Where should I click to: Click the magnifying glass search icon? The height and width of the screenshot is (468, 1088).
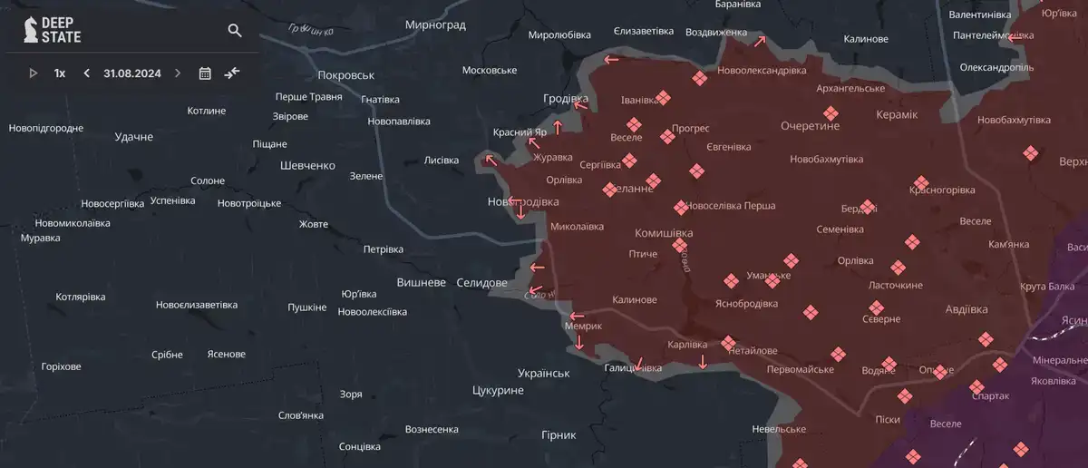[x=235, y=31]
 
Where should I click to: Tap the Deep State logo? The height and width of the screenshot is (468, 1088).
[x=53, y=30]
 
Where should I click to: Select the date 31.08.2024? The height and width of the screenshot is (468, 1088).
[x=131, y=73]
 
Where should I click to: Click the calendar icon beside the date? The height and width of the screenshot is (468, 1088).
[x=205, y=73]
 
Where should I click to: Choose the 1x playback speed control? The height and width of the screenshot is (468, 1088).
[x=60, y=73]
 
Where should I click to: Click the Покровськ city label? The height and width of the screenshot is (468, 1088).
[x=346, y=75]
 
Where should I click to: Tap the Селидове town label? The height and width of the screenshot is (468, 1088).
[x=481, y=283]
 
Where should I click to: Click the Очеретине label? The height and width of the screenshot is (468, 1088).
[x=811, y=126]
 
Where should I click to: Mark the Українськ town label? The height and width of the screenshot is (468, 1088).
[x=543, y=373]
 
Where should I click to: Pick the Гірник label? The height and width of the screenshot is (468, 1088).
[x=559, y=434]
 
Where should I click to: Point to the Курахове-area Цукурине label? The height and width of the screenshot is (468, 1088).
[x=498, y=390]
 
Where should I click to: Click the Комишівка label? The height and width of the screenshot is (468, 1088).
[x=664, y=233]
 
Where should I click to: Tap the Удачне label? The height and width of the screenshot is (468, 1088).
[x=134, y=137]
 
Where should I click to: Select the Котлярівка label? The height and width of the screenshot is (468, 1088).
[x=81, y=297]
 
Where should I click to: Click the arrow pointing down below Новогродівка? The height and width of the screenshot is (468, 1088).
[x=520, y=212]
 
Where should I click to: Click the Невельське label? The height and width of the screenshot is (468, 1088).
[x=779, y=429]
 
